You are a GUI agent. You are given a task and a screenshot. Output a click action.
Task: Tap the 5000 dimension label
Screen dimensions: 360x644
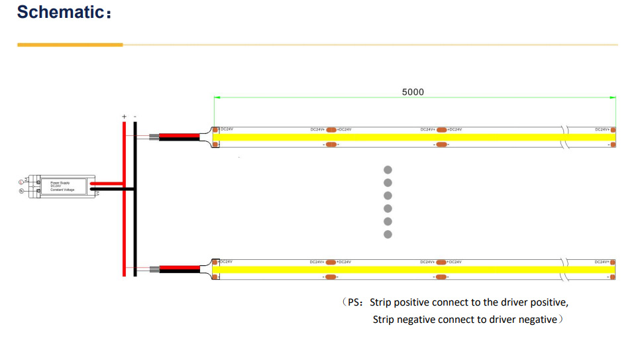point(413,92)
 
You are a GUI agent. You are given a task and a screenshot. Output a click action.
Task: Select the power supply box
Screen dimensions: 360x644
point(66,187)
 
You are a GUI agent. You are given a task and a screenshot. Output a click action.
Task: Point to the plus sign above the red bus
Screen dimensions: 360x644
point(124,117)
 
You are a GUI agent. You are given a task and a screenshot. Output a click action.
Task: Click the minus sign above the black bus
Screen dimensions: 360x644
point(135,117)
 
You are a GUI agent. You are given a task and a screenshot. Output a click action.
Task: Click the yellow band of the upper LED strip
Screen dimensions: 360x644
point(398,137)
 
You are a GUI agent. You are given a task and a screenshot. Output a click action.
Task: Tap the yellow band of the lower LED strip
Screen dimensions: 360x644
point(398,269)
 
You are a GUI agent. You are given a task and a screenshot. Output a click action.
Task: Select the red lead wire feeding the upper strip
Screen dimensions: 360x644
point(179,136)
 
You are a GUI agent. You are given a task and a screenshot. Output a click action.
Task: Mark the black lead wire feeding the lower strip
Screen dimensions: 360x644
point(179,271)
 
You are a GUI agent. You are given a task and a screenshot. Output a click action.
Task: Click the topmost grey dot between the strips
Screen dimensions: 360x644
point(388,170)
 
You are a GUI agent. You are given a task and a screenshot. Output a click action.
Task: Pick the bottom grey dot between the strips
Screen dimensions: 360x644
point(388,234)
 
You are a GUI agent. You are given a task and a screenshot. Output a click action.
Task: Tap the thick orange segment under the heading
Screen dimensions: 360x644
point(70,45)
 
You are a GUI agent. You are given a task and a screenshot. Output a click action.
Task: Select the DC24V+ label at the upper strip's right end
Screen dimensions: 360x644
point(602,129)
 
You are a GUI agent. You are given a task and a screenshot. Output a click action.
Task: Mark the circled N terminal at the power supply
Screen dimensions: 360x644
point(22,192)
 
